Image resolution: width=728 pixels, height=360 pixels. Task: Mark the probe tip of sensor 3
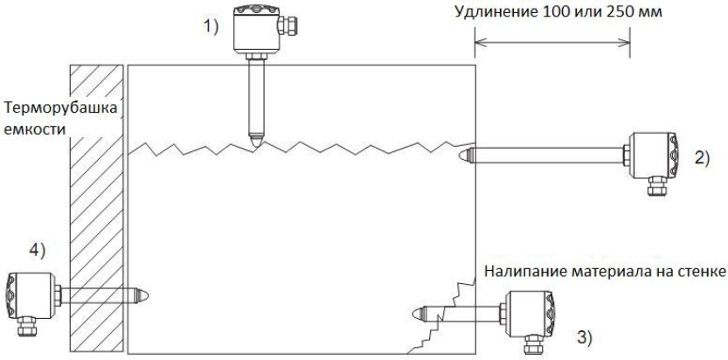416,312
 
